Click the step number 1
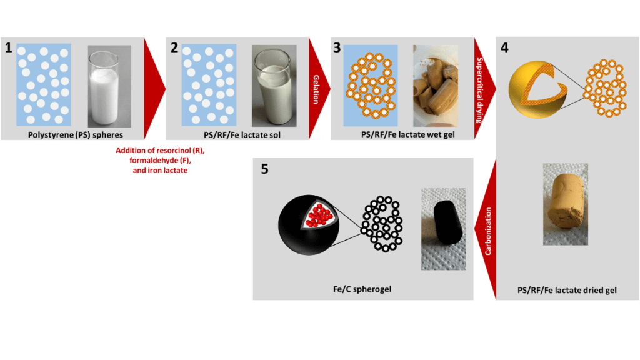tap(9, 48)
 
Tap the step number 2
tap(174, 47)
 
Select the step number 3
tap(337, 47)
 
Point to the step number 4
tap(504, 47)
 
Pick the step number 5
tap(265, 169)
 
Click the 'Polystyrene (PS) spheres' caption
tap(76, 135)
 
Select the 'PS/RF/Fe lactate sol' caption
tap(242, 135)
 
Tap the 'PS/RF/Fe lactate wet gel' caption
tap(407, 134)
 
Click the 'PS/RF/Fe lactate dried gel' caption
tap(567, 290)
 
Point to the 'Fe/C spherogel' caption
tap(362, 289)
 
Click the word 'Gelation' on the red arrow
tap(316, 89)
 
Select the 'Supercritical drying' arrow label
tap(480, 90)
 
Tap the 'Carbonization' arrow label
tap(487, 231)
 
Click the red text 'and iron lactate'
tap(160, 170)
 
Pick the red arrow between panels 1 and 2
tap(155, 89)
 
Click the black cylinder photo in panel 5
tap(444, 229)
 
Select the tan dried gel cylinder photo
tap(566, 204)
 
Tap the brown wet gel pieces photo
tap(436, 86)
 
